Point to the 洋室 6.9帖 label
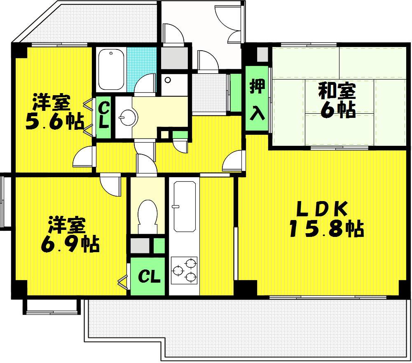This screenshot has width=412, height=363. coord(70,234)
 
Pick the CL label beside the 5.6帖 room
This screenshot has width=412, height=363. coord(104,115)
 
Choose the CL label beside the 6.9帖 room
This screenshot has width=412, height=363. coord(149,276)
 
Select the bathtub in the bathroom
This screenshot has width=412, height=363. coord(111,69)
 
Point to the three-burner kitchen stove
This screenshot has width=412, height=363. coord(184,270)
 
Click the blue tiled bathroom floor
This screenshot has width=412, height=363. coord(141,69)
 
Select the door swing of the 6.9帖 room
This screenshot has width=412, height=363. coord(110,185)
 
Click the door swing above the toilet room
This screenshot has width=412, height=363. coord(146,164)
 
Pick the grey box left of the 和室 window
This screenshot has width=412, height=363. coord(262,54)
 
